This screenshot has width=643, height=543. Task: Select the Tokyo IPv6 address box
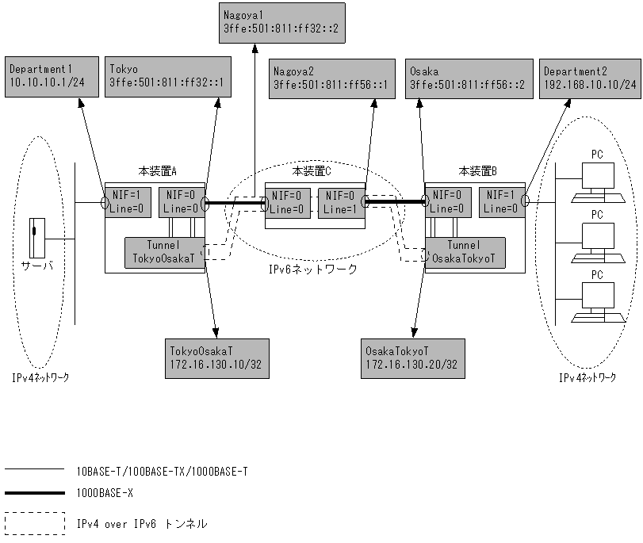pos(167,77)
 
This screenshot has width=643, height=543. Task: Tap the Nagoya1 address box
pos(285,24)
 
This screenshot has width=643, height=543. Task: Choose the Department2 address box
pos(589,77)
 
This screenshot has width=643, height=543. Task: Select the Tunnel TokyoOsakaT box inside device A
pos(164,252)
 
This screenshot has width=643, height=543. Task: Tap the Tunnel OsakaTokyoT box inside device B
pos(465,252)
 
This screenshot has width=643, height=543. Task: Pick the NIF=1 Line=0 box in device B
pos(502,203)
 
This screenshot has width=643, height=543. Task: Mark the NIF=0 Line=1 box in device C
pos(341,203)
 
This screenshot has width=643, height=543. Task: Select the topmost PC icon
pos(597,178)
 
